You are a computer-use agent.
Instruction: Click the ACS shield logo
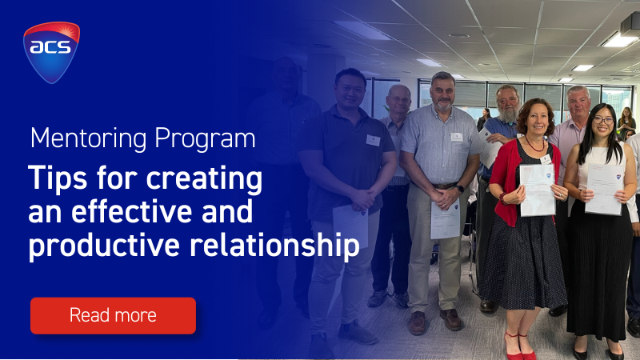[x=51, y=52]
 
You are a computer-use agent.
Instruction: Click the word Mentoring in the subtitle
[x=88, y=138]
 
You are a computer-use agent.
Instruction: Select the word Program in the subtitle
[x=205, y=139]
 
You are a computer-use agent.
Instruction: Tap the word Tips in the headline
[x=58, y=179]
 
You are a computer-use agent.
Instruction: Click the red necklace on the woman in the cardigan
[x=534, y=146]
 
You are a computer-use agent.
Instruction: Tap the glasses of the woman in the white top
[x=603, y=121]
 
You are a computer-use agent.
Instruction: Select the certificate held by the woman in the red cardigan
[x=538, y=190]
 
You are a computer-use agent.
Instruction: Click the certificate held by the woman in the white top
[x=605, y=189]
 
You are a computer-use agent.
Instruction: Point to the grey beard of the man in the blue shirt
[x=509, y=114]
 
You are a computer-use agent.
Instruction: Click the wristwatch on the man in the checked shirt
[x=461, y=189]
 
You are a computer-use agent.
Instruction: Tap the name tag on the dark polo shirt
[x=373, y=141]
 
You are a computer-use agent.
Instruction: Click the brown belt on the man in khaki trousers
[x=444, y=186]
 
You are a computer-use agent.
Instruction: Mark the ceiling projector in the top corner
[x=630, y=26]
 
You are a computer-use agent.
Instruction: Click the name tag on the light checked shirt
[x=456, y=137]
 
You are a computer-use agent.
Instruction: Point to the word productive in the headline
[x=104, y=246]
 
